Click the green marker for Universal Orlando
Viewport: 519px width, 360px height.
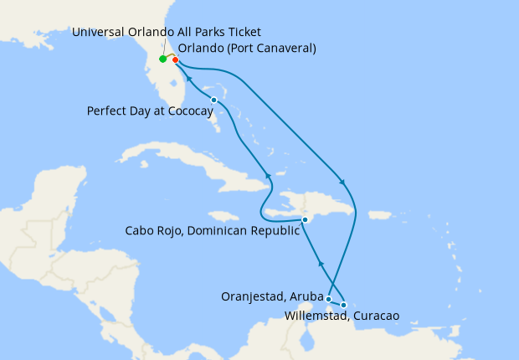(162, 59)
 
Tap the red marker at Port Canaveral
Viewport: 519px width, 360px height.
(175, 59)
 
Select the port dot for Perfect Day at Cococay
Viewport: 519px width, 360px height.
(214, 100)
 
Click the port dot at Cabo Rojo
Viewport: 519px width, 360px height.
(305, 219)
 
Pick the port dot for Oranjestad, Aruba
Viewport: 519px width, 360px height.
(329, 299)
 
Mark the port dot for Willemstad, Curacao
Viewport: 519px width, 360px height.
(343, 305)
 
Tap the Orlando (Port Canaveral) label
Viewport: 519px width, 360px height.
(247, 48)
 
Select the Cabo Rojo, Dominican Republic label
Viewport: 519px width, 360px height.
(212, 231)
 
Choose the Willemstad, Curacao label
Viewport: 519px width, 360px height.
(329, 316)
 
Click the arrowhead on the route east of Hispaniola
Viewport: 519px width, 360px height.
(340, 182)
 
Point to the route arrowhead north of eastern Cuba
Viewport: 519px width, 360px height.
(268, 175)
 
